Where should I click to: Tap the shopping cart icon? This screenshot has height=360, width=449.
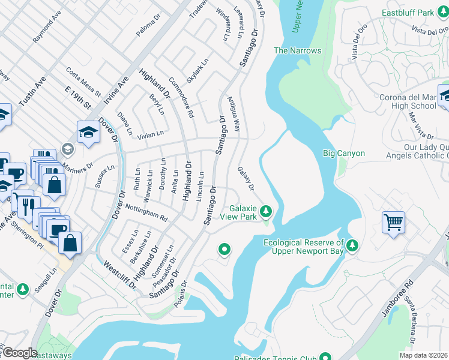pyautogui.click(x=394, y=223)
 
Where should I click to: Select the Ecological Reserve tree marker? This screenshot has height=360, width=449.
pyautogui.click(x=352, y=245)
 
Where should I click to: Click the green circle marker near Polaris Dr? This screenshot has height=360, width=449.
pyautogui.click(x=224, y=249)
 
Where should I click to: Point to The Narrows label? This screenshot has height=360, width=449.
pyautogui.click(x=297, y=51)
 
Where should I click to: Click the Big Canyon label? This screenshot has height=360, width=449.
pyautogui.click(x=343, y=153)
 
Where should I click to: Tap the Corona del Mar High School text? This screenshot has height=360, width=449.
pyautogui.click(x=408, y=101)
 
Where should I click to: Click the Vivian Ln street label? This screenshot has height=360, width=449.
pyautogui.click(x=151, y=135)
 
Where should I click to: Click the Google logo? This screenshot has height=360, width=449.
pyautogui.click(x=19, y=353)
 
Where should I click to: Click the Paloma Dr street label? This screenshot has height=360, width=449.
pyautogui.click(x=149, y=27)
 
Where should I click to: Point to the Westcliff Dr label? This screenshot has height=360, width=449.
pyautogui.click(x=119, y=275)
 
